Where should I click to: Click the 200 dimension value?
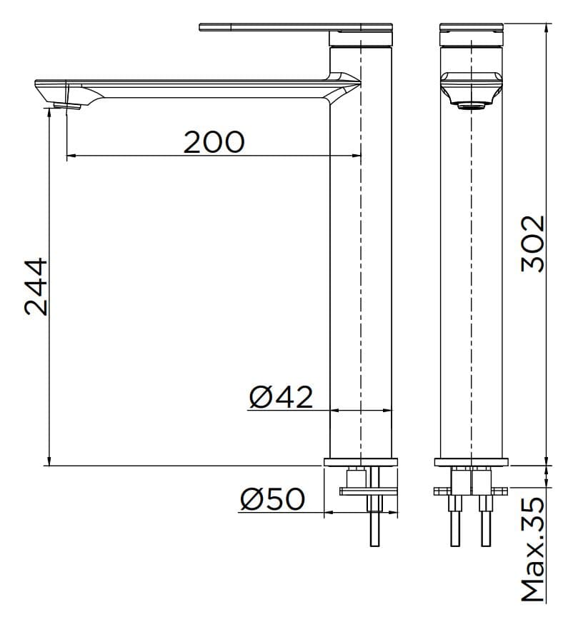pyautogui.click(x=214, y=142)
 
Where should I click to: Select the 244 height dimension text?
pyautogui.click(x=36, y=286)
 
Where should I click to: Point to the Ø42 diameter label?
pyautogui.click(x=281, y=396)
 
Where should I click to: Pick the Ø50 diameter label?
pyautogui.click(x=272, y=499)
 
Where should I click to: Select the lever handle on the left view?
pyautogui.click(x=286, y=28)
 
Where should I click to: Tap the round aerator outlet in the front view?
pyautogui.click(x=472, y=106)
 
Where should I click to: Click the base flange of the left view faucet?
pyautogui.click(x=361, y=462)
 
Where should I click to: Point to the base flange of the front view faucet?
pyautogui.click(x=472, y=462)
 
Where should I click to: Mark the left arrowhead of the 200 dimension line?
pyautogui.click(x=69, y=156)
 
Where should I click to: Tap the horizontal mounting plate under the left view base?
pyautogui.click(x=368, y=491)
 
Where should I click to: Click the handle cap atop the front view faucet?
pyautogui.click(x=472, y=28)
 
